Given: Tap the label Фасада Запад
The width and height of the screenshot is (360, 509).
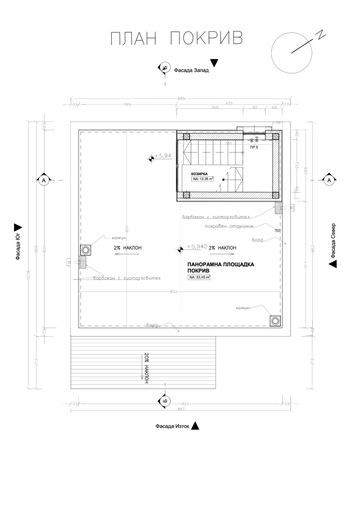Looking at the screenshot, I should tap(192, 70).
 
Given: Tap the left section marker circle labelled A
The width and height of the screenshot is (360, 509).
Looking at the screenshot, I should tap(44, 180).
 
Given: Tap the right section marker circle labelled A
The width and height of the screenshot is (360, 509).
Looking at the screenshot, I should tap(329, 180).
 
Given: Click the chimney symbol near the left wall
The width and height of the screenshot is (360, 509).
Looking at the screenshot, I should tap(85, 250).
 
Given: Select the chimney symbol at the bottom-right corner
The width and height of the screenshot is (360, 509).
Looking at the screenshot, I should tap(274, 320).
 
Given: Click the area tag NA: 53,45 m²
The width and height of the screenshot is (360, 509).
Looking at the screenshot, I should tap(199, 278).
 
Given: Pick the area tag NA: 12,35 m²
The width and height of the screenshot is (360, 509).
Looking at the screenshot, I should tap(202, 179).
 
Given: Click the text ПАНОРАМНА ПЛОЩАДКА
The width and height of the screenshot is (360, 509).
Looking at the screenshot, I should tap(220, 265).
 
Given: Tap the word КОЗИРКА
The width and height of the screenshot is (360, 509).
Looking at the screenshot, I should tap(200, 173).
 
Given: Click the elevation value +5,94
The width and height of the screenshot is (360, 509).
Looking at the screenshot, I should tap(162, 156).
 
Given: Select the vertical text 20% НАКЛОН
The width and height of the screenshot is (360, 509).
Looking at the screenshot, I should tap(147, 368).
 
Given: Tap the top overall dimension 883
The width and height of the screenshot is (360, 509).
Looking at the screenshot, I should tap(181, 99).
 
